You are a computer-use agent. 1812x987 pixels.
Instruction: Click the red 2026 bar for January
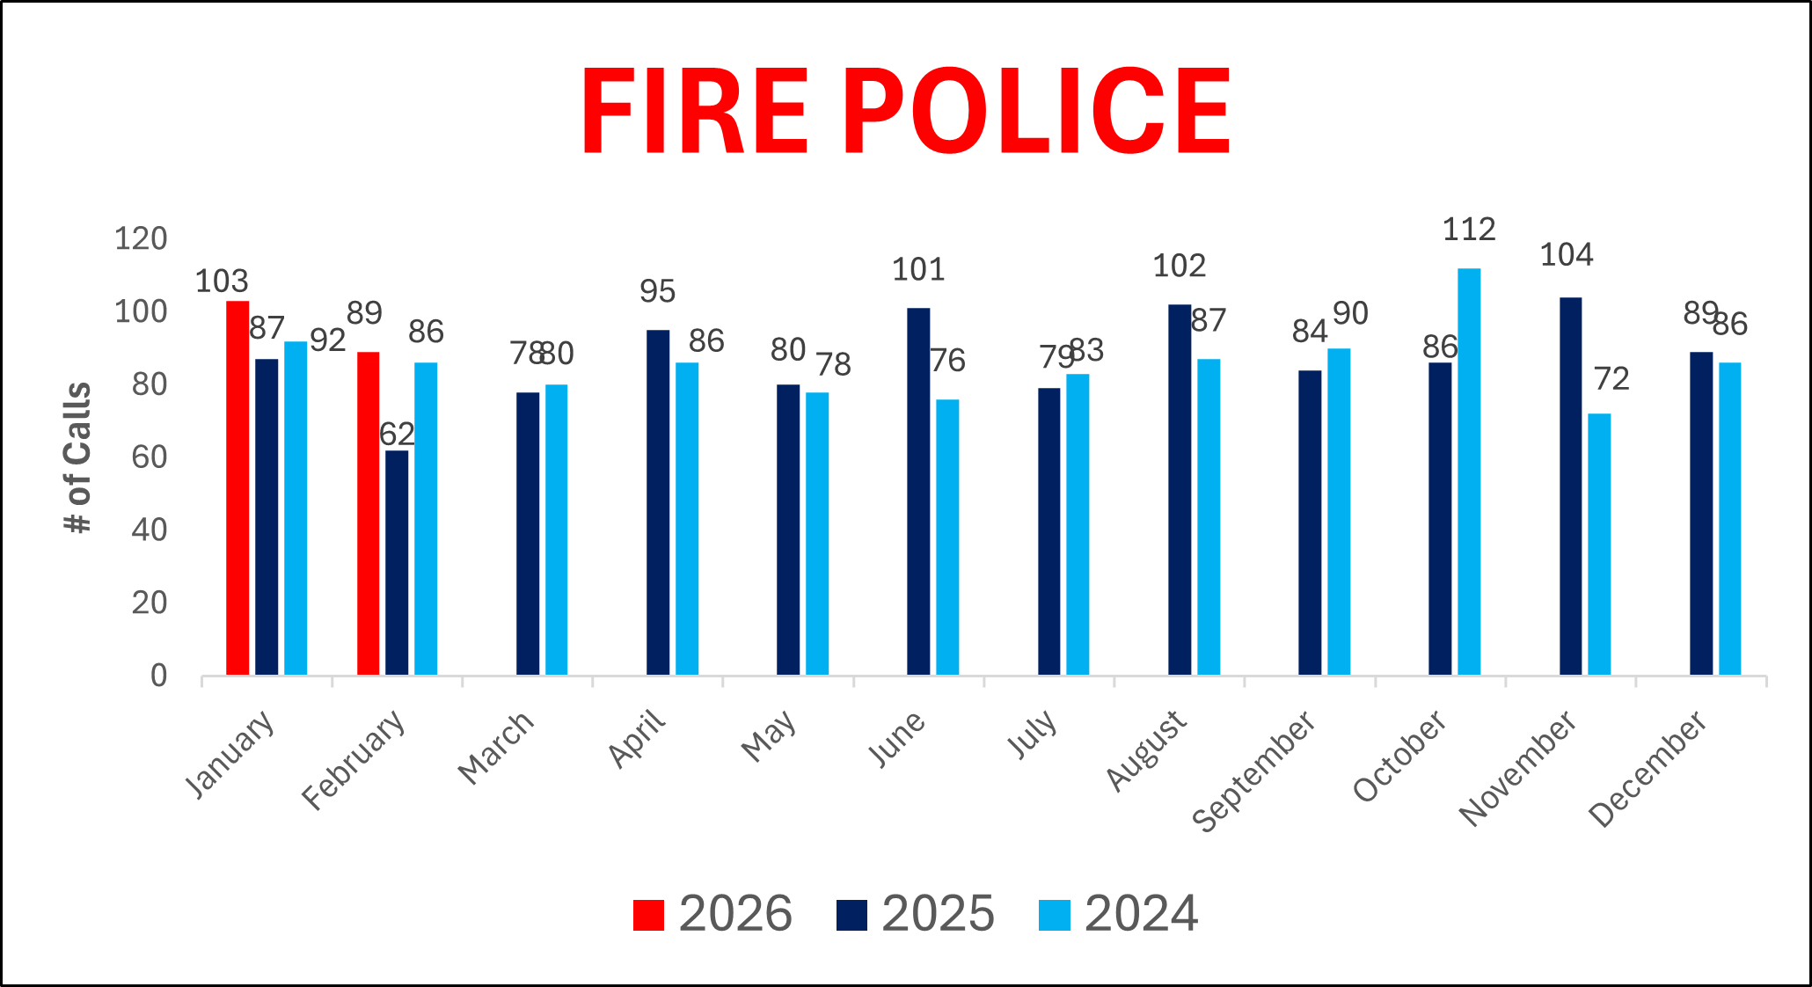pyautogui.click(x=237, y=488)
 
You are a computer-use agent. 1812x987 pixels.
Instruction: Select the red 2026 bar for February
pyautogui.click(x=369, y=514)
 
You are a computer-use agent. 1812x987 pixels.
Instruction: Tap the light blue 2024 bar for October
pyautogui.click(x=1469, y=472)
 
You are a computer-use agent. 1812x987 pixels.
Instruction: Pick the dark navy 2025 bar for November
pyautogui.click(x=1570, y=486)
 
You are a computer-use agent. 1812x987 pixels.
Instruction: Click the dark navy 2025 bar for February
pyautogui.click(x=397, y=563)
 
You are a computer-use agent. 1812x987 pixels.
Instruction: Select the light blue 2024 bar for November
pyautogui.click(x=1599, y=545)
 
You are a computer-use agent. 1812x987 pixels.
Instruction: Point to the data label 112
pyautogui.click(x=1469, y=230)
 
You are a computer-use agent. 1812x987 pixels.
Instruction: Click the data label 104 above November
pyautogui.click(x=1567, y=256)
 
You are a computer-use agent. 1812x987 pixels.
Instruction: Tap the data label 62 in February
pyautogui.click(x=397, y=435)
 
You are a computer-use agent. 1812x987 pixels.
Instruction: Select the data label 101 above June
pyautogui.click(x=918, y=270)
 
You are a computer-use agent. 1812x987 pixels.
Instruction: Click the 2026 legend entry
pyautogui.click(x=712, y=914)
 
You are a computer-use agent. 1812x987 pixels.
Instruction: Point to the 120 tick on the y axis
pyautogui.click(x=141, y=238)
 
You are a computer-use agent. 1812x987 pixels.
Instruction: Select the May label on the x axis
pyautogui.click(x=770, y=736)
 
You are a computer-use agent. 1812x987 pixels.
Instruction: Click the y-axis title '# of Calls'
pyautogui.click(x=78, y=457)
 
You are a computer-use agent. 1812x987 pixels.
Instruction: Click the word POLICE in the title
pyautogui.click(x=1042, y=112)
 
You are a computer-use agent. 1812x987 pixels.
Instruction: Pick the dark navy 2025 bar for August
pyautogui.click(x=1180, y=490)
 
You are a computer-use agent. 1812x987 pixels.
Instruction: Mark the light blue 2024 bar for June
pyautogui.click(x=947, y=537)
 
